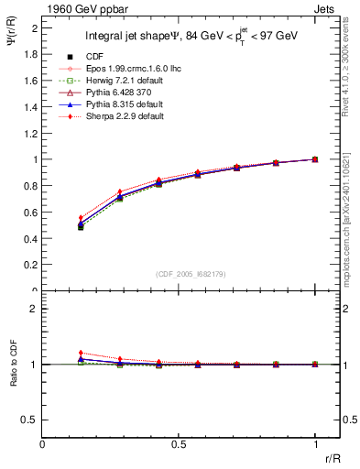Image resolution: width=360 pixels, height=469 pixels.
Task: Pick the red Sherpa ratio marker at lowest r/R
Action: coord(81,353)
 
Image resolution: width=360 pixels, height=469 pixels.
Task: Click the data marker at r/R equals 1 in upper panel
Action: coord(315,159)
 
